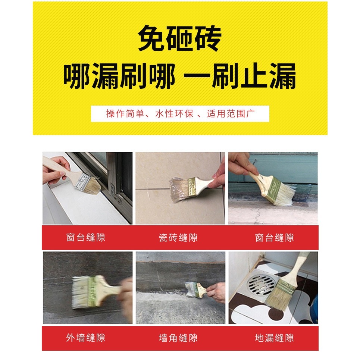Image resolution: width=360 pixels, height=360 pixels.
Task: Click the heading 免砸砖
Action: point(180,38)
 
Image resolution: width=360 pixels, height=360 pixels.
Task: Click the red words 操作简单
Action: point(125,114)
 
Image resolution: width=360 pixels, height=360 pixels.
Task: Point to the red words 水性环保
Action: point(174,114)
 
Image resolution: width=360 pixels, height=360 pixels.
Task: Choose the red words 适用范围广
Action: point(231,114)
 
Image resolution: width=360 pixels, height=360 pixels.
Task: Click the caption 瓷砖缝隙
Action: point(178,238)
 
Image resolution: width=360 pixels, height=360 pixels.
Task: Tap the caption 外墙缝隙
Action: point(86,338)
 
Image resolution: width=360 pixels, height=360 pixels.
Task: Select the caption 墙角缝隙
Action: point(178,338)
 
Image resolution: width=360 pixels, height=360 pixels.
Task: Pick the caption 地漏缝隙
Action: point(274,338)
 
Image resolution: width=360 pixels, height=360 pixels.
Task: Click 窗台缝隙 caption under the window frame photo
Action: point(86,238)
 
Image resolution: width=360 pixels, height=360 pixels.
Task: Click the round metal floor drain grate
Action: point(261,285)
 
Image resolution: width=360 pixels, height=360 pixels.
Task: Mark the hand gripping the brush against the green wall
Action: point(241,164)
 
